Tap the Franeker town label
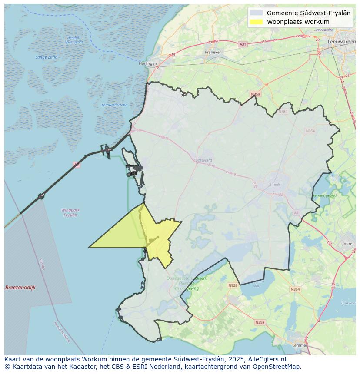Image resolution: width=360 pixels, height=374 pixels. point(213,52)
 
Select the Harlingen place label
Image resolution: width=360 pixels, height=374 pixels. point(147,63)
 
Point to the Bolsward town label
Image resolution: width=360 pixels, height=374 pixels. point(203,160)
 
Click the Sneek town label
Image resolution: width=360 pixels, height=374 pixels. point(275,184)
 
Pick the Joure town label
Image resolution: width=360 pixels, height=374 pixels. point(347,244)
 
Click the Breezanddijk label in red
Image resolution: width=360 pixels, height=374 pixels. point(20,288)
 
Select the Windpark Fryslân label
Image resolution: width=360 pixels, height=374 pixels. point(70,212)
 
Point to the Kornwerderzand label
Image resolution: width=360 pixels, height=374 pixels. point(114,105)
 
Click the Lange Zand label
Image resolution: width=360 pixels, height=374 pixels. point(47,57)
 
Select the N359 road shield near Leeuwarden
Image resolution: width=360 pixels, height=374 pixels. point(255,94)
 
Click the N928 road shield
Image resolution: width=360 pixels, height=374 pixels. point(233,285)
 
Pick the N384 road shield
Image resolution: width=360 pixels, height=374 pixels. point(283,112)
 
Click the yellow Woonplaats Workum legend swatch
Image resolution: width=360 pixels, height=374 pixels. point(257,22)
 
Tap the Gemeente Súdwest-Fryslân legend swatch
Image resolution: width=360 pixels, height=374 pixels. point(257,13)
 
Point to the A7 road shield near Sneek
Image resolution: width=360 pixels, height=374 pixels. point(297,212)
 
